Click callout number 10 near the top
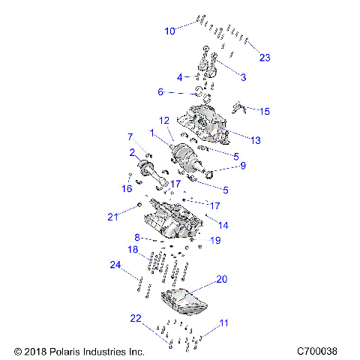click(x=169, y=31)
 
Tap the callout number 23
click(x=264, y=58)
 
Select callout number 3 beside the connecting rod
click(x=243, y=77)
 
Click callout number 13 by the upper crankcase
click(x=255, y=140)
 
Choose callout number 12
click(x=163, y=120)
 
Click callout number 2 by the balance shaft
click(x=131, y=152)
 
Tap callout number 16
click(x=127, y=190)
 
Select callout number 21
click(x=112, y=217)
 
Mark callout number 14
click(x=223, y=225)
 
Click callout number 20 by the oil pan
click(x=221, y=278)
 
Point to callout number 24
click(x=115, y=265)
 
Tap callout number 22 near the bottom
click(x=135, y=319)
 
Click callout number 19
click(x=216, y=241)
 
